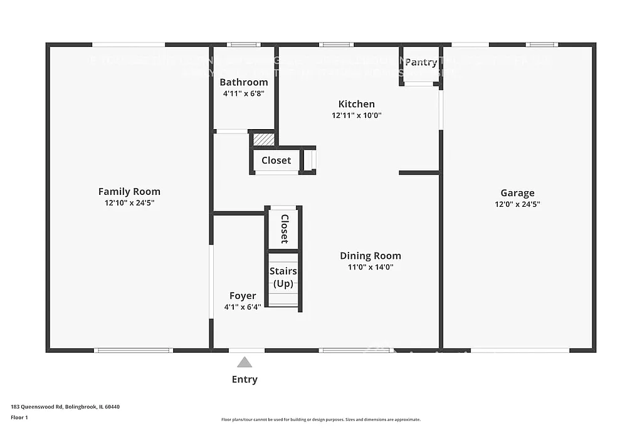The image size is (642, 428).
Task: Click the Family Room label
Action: click(129, 192)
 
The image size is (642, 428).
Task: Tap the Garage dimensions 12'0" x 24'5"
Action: click(517, 204)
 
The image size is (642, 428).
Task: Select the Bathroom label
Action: click(244, 82)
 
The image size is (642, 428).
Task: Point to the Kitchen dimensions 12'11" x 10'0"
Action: click(357, 115)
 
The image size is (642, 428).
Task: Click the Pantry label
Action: click(421, 62)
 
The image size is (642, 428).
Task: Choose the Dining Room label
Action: click(371, 256)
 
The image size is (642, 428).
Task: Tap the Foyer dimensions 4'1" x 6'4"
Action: click(243, 307)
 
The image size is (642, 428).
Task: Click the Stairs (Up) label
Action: click(283, 277)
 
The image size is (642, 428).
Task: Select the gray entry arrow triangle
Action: click(245, 362)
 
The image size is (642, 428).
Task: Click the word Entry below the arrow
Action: click(245, 379)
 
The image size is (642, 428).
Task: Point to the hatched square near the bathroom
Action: click(264, 139)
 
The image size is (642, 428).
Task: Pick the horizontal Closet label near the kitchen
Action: click(276, 160)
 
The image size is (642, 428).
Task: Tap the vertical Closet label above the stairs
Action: click(284, 229)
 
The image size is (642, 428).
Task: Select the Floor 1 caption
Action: click(19, 417)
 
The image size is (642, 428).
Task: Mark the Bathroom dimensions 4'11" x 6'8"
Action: click(244, 94)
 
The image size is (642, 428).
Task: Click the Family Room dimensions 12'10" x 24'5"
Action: click(129, 203)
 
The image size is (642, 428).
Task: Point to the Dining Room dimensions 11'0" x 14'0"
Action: click(371, 267)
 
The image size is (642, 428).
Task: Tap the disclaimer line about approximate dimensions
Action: click(320, 420)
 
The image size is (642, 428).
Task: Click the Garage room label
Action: click(517, 193)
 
